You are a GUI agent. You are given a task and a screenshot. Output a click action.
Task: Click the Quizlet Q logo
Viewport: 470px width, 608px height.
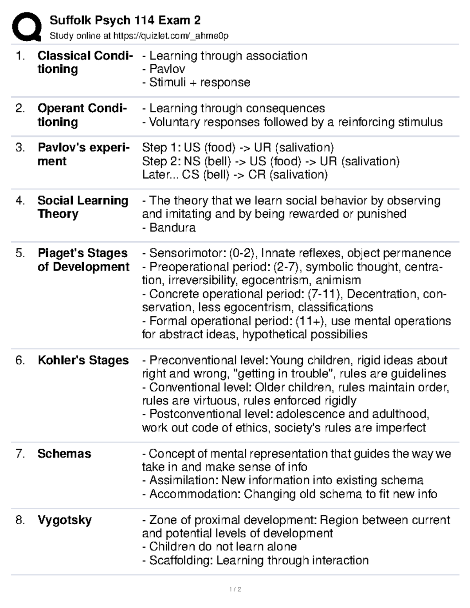[27, 26]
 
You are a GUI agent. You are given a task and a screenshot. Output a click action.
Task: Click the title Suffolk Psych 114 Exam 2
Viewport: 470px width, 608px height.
[125, 20]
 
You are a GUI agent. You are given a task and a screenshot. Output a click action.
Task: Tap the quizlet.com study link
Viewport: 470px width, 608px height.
[170, 36]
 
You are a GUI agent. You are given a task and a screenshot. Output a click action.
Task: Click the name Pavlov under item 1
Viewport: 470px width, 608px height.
[167, 69]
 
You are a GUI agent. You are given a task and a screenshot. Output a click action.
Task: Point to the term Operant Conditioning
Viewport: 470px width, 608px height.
[82, 115]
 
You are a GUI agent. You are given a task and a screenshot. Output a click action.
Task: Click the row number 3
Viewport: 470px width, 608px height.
[20, 148]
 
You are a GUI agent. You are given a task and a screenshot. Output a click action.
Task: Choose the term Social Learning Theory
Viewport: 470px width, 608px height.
[83, 207]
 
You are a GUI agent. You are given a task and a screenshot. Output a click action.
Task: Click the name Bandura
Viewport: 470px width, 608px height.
[172, 227]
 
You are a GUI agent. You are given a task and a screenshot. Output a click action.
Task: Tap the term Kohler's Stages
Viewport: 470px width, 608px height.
[83, 360]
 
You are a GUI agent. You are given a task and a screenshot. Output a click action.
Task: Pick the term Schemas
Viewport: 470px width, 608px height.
[64, 453]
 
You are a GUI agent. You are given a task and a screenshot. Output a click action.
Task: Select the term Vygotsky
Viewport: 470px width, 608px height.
[65, 520]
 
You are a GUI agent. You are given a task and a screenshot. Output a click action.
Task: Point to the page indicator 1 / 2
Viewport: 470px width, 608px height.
[235, 589]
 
